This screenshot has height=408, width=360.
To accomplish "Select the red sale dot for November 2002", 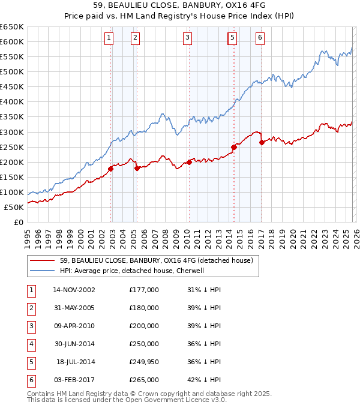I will (111, 169).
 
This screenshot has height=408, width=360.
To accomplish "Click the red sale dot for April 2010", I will (189, 162).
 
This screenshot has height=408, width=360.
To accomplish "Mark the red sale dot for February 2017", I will (262, 142).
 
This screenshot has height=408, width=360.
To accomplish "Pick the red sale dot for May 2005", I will (137, 168).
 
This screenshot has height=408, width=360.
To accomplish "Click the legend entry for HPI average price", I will (132, 271).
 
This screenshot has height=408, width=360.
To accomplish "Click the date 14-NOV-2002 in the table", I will (74, 290).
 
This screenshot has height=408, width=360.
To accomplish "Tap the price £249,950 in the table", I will (144, 362).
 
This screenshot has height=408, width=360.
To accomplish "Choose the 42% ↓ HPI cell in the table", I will (204, 380).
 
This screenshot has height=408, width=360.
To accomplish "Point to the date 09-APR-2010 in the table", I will (74, 326).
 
